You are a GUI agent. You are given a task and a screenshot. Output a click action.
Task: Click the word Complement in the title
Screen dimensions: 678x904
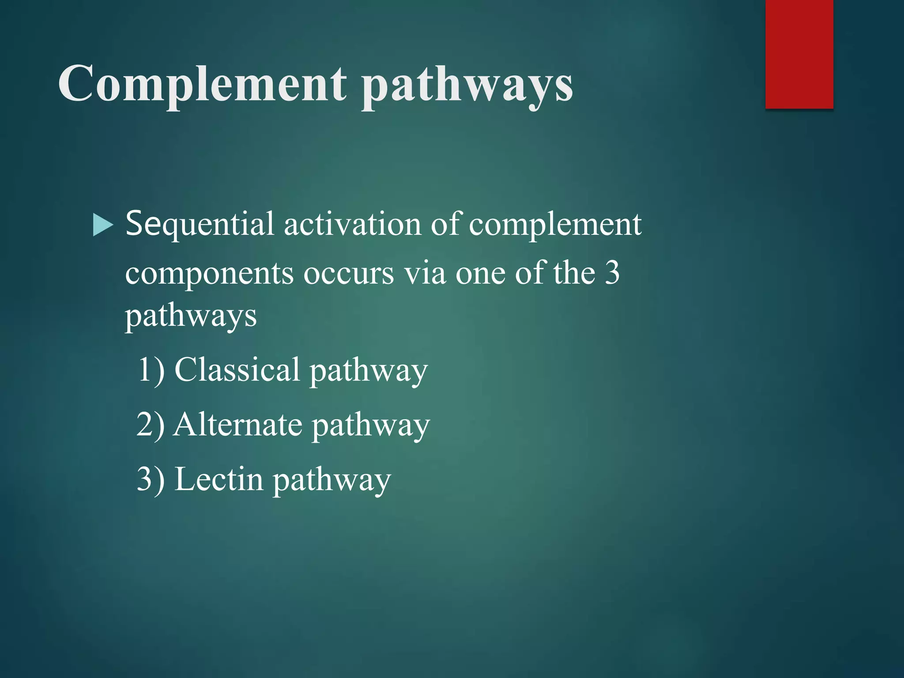coord(202,84)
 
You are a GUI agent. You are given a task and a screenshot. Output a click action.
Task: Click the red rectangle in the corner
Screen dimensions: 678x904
coord(799,54)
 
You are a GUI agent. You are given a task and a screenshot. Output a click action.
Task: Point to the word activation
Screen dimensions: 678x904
coord(352,224)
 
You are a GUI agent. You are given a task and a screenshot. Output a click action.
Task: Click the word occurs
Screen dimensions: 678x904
coord(348,273)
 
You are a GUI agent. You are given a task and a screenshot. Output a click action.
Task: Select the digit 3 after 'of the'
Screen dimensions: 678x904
coord(612,272)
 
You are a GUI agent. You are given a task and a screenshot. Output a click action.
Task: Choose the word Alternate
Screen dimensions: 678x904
coord(238,425)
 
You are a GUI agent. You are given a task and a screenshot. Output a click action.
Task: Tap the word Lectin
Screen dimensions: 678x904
coord(219,479)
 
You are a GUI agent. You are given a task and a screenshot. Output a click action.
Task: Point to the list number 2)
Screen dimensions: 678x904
coord(151,425)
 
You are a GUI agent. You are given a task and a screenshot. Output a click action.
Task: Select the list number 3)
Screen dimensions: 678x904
coord(151,479)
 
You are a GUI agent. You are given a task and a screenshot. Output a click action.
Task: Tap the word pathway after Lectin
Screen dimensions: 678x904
coord(331,481)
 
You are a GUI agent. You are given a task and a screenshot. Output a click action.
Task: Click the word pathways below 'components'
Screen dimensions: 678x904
coord(191,317)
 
